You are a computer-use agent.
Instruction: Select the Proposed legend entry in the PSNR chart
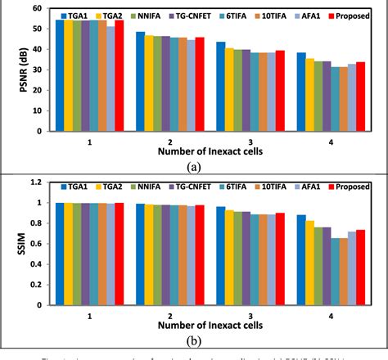tap(354, 16)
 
